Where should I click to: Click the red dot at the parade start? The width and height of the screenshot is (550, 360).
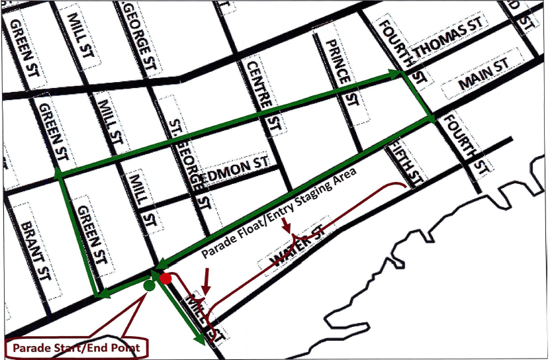pos(165,279)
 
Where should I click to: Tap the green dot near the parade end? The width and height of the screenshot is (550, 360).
pos(148,286)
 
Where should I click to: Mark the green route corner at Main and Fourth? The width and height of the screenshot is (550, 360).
pos(431,118)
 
